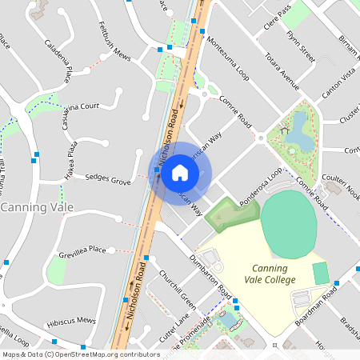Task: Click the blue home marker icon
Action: [180, 173]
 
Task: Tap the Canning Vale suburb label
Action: [38, 207]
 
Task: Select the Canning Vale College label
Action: [274, 274]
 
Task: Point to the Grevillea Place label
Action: [82, 251]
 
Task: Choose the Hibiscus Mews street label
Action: [71, 320]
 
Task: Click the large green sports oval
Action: [289, 223]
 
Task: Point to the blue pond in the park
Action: [299, 131]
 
